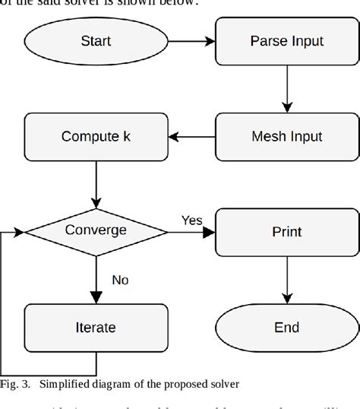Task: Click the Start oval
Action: [x=96, y=41]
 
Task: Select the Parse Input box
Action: [x=286, y=41]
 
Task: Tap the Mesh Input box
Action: [x=286, y=137]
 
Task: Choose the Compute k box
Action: [x=96, y=137]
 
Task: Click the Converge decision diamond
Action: [x=96, y=230]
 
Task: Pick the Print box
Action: [x=286, y=231]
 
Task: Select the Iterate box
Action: [x=96, y=328]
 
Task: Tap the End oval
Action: [x=286, y=328]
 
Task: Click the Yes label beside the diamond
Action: [x=191, y=220]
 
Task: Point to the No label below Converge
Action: [x=120, y=280]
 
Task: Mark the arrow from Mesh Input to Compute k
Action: [x=191, y=137]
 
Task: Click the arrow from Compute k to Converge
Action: [x=96, y=183]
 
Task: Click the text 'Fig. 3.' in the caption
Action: [x=15, y=384]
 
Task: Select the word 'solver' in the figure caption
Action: [x=223, y=384]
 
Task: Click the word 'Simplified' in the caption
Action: [x=65, y=384]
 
